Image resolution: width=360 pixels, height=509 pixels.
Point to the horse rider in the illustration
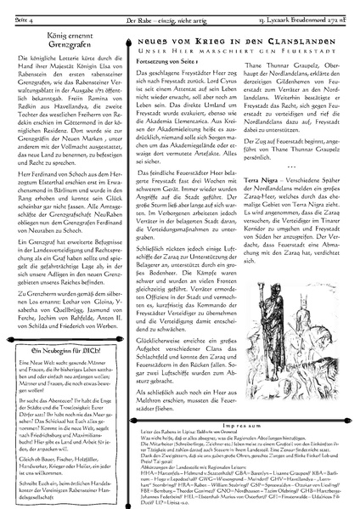(x=323, y=357)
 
